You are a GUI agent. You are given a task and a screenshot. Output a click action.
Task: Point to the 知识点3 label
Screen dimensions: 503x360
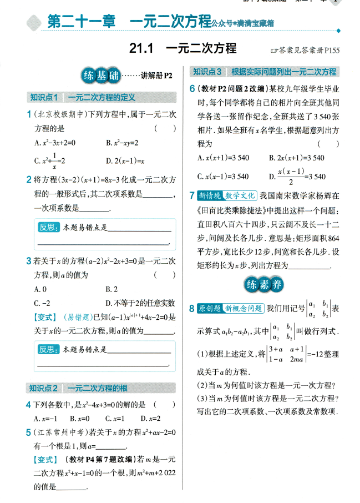click(x=207, y=72)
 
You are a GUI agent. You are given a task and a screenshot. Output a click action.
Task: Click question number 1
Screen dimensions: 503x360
click(x=28, y=114)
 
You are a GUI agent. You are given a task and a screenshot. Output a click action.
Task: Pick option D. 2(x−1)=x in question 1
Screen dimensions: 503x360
click(x=125, y=162)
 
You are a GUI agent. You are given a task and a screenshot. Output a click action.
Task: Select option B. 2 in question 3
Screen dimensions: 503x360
click(x=111, y=289)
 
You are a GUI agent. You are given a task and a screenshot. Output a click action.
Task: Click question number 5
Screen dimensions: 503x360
click(x=28, y=432)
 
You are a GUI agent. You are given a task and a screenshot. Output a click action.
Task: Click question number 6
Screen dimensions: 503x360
click(x=192, y=89)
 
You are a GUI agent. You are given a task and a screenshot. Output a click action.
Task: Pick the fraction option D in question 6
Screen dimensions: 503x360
click(x=297, y=176)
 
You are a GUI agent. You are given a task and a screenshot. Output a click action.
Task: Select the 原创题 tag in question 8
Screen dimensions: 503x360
click(x=210, y=308)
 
